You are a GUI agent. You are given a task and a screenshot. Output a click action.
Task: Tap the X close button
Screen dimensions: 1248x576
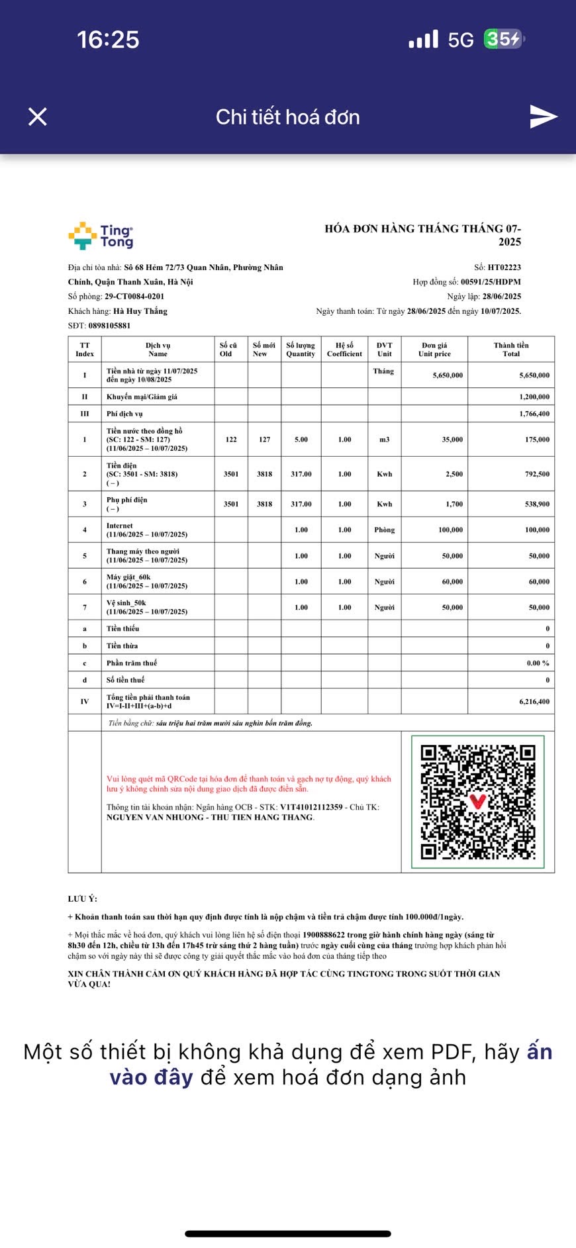[38, 117]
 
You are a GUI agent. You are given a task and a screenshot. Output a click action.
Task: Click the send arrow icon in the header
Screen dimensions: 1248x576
[544, 117]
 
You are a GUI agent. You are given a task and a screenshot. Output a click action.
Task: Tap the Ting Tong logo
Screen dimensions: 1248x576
[101, 236]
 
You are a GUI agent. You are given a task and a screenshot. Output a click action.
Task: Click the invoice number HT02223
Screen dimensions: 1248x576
[504, 267]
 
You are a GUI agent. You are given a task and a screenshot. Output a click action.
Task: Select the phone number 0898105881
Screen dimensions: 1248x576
[109, 326]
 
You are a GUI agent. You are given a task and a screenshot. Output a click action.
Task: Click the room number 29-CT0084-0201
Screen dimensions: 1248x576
[134, 297]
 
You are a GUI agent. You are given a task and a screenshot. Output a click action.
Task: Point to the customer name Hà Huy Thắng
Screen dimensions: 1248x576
[140, 311]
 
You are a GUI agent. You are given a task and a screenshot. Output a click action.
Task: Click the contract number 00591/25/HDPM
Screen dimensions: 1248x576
[491, 282]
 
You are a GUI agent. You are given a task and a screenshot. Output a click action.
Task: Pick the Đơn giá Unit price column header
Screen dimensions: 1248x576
[434, 350]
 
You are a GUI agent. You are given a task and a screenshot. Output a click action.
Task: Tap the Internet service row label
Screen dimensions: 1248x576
[120, 526]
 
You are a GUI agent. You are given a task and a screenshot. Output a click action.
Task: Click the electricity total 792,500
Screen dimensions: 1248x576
[536, 474]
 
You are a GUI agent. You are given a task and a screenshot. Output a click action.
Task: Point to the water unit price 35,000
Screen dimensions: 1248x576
[452, 440]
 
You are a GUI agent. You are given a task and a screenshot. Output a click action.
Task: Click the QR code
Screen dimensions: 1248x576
[477, 802]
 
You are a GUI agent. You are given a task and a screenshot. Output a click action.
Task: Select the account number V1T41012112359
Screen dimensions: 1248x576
[311, 807]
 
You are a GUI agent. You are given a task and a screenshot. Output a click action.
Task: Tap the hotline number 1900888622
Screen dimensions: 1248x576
[323, 936]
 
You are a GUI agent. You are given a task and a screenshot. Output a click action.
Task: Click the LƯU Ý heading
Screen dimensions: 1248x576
[82, 899]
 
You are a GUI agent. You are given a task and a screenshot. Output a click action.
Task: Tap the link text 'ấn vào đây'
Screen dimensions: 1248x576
[151, 1077]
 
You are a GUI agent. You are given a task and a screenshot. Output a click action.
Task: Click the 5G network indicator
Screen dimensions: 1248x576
[461, 40]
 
